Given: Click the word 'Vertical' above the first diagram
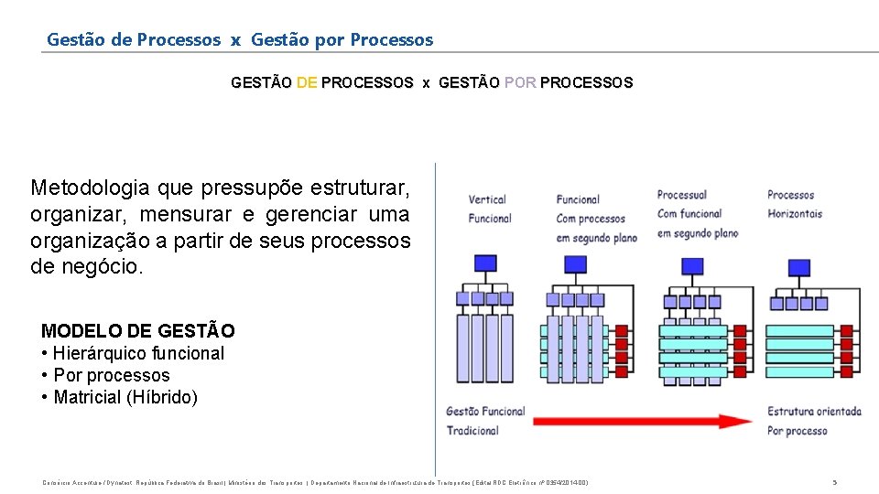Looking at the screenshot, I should coord(487,199).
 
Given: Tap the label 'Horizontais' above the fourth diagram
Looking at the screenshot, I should coord(795,214).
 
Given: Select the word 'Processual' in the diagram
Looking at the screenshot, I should coord(682,195).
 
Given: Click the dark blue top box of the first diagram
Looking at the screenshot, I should coord(485,263).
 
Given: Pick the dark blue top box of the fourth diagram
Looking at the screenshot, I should coord(799,267).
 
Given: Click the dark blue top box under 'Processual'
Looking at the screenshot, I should coord(693,266).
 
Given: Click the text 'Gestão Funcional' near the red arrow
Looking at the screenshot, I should coord(485,412).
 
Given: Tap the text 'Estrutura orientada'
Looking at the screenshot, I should coord(814,412).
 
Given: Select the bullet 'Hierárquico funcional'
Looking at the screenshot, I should coord(138,353).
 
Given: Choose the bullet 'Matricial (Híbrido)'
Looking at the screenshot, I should coord(125,397).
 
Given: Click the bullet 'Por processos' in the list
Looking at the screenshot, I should coord(112,375).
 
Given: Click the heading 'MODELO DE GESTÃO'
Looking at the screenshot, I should coord(138,331).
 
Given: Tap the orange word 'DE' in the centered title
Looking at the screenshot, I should coord(307,83).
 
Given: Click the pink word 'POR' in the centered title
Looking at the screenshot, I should coord(520,83).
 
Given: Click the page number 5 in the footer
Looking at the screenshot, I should coord(834,482).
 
